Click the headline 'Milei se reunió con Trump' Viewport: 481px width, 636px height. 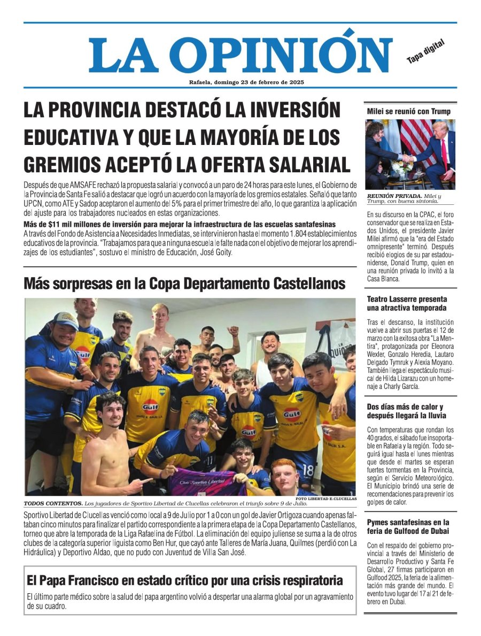point(408,111)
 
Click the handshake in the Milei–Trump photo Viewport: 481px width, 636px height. point(408,158)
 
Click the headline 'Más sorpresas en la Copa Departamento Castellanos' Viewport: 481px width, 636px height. point(184,283)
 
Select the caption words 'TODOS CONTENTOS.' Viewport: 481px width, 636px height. point(52,504)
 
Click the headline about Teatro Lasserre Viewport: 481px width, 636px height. point(407,303)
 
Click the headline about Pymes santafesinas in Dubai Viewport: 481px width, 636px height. point(408,526)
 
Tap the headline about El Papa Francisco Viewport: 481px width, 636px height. point(184,580)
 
